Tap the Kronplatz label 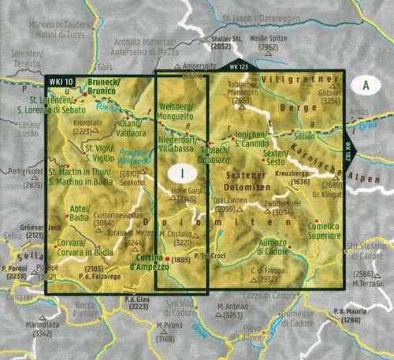[87, 124]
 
